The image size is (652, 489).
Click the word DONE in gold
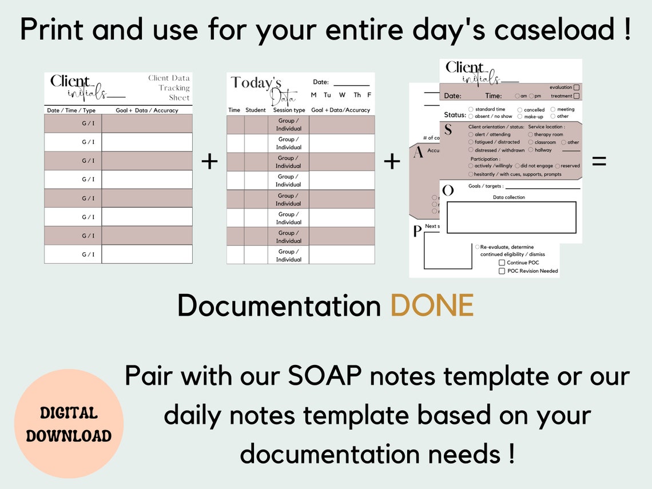point(432,306)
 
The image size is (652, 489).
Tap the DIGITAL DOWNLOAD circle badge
point(69,424)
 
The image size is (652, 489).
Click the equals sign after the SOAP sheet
point(599,162)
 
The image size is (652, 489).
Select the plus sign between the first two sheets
point(209,162)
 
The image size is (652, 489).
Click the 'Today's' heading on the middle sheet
point(256,83)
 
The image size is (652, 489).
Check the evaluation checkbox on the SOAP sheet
point(577,88)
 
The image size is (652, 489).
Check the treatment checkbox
point(577,96)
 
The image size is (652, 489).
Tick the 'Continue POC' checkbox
point(502,263)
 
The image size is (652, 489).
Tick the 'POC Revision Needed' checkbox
point(502,271)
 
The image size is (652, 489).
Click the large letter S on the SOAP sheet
point(448,130)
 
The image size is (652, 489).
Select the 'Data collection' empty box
point(511,217)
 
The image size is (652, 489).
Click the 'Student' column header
point(256,110)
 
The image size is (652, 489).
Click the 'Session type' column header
point(288,110)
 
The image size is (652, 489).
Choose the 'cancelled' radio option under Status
point(520,110)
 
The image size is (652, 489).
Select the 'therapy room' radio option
point(531,134)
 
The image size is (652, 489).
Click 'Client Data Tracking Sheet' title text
point(169,88)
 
